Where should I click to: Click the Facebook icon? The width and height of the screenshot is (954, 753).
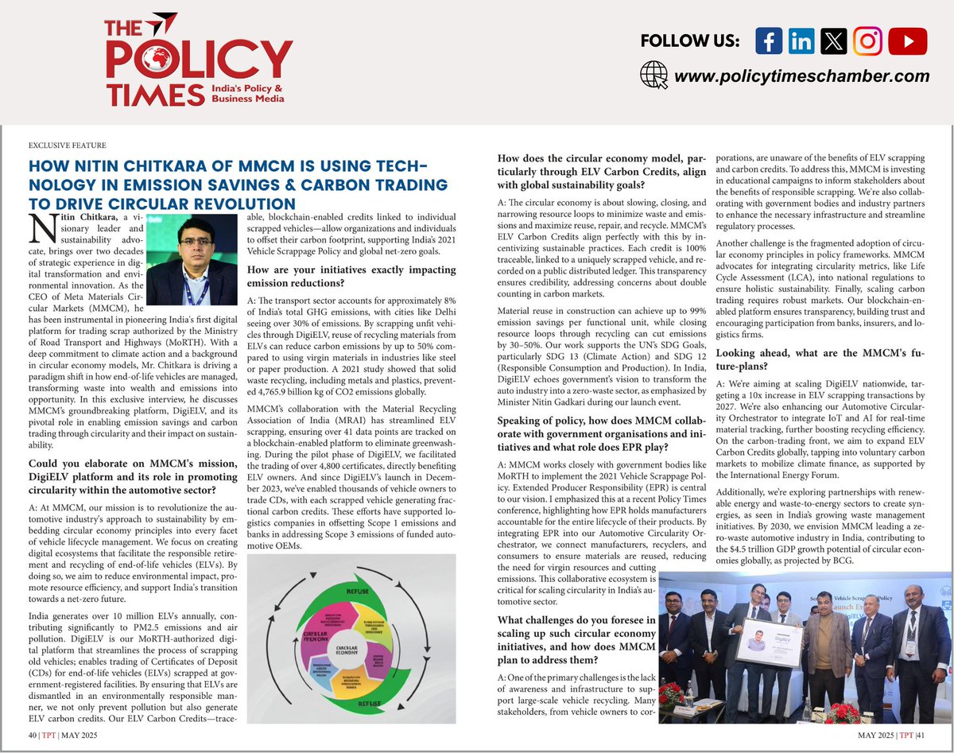pos(768,41)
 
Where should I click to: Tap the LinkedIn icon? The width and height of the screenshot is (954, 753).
pos(803,41)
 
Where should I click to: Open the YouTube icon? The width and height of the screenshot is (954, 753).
pos(907,41)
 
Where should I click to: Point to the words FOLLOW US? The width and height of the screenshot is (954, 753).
pos(689,41)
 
